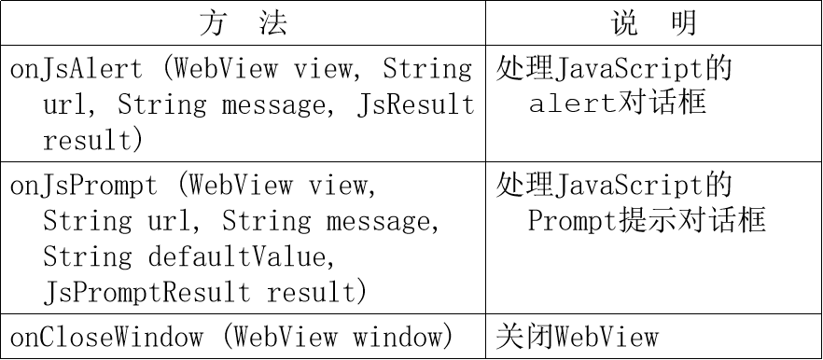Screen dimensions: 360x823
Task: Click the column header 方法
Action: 243,23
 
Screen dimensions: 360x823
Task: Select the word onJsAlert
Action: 77,69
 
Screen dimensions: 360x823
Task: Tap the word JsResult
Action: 416,104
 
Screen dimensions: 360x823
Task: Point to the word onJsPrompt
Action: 84,185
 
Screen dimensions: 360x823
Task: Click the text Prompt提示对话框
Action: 647,220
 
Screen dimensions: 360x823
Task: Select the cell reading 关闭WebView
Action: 578,336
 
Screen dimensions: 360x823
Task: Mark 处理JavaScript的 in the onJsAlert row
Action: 614,68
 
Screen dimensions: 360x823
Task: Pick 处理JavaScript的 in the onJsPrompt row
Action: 614,185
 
